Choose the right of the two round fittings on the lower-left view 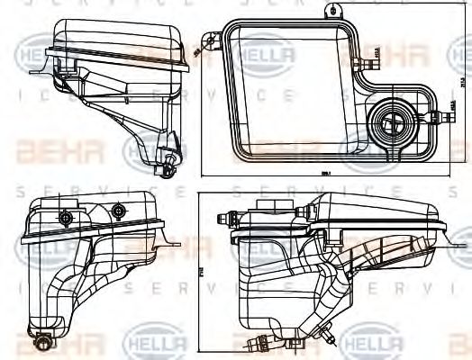(119, 211)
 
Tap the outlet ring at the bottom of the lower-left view (45, 342)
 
